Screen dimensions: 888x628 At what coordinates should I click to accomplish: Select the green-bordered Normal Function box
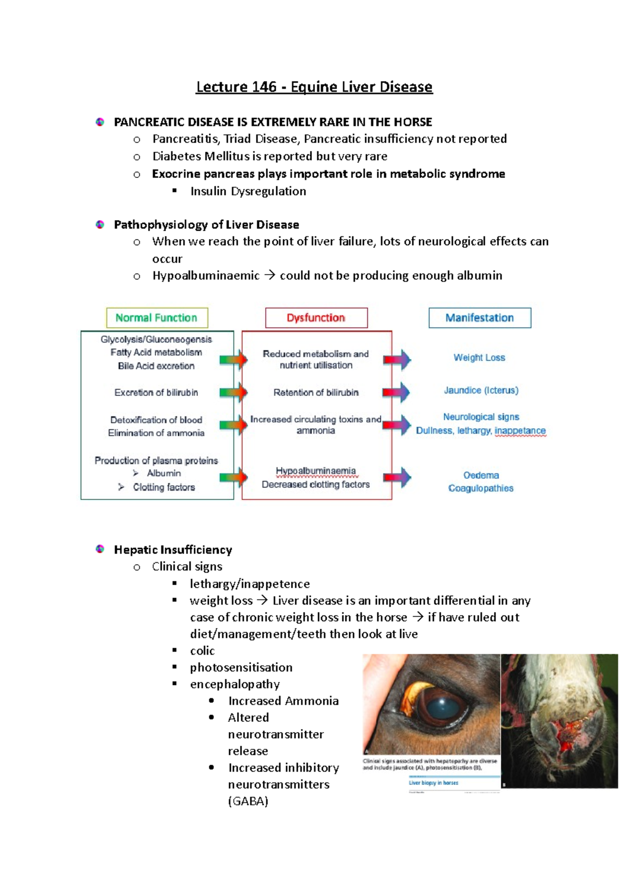point(157,318)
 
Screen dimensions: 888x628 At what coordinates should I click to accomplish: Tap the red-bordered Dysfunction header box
point(316,318)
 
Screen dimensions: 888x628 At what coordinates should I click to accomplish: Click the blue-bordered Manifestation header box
point(479,318)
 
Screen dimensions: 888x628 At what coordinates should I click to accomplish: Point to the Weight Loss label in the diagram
point(479,358)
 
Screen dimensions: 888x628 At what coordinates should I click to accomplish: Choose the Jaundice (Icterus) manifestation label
point(481,390)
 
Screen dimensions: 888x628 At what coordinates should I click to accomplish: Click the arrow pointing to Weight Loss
point(397,359)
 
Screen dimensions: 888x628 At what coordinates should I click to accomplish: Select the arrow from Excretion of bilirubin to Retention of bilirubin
point(233,393)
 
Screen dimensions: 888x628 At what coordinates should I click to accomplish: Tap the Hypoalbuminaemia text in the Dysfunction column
point(316,471)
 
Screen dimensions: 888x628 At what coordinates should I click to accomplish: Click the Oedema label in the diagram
point(481,475)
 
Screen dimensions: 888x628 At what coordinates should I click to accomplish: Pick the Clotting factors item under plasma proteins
point(163,487)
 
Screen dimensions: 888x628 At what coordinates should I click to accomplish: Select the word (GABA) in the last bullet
point(248,801)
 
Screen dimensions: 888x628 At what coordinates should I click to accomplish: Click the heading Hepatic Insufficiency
point(173,550)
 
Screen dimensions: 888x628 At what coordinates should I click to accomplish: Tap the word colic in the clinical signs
point(202,651)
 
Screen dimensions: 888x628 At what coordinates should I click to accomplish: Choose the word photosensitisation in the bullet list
point(241,667)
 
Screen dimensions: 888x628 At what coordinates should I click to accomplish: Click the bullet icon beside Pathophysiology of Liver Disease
point(100,225)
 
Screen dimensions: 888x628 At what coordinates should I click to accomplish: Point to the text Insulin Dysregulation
point(248,191)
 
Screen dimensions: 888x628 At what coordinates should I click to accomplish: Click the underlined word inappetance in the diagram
point(520,431)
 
